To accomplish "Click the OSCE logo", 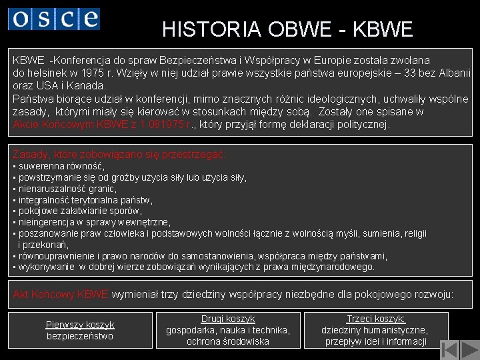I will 54,18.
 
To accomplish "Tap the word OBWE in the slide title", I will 299,29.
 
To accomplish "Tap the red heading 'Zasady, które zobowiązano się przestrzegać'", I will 120,155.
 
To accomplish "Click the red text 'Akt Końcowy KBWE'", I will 61,294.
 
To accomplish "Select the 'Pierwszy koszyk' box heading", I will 80,325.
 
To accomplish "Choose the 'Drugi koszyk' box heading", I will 228,319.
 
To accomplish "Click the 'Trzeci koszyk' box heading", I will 376,319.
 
